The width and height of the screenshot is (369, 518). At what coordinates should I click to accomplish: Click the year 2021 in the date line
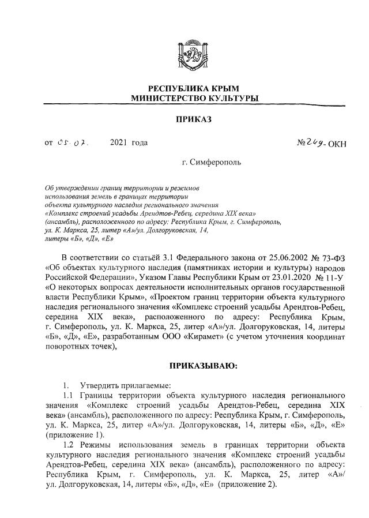coord(119,142)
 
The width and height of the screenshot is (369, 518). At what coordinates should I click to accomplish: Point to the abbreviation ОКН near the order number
coord(337,143)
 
